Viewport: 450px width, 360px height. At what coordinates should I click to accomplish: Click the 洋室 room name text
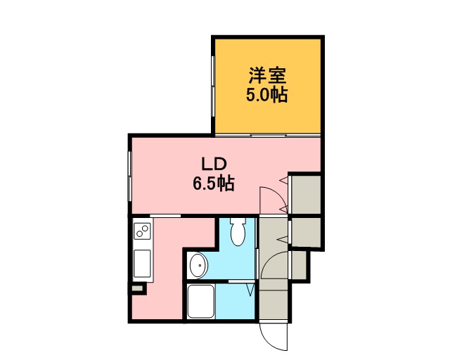[267, 75]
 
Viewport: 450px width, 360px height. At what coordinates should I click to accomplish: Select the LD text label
[214, 164]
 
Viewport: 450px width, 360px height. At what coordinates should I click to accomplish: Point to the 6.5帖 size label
[214, 183]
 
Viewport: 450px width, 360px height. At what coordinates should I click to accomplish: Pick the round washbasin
[198, 266]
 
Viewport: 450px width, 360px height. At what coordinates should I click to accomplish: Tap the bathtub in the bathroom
[201, 302]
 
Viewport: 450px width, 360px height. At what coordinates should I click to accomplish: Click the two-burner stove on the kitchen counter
[142, 231]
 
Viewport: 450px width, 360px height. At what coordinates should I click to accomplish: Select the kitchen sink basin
[142, 264]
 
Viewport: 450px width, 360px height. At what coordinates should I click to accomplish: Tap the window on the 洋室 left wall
[213, 86]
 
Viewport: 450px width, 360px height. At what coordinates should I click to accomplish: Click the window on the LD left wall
[129, 176]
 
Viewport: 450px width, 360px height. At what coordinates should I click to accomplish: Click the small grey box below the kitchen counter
[137, 288]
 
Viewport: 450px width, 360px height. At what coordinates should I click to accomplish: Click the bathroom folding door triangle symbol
[250, 290]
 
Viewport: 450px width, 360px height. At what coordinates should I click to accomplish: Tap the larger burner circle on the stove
[146, 229]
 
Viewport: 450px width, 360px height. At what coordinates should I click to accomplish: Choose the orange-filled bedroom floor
[268, 86]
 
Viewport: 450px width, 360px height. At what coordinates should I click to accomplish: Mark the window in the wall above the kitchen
[165, 216]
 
